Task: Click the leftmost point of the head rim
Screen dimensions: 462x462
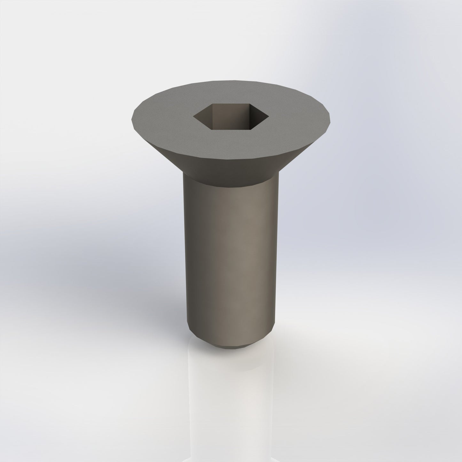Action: coord(131,118)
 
